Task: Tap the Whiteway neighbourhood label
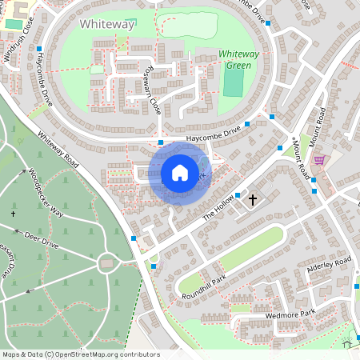[x=106, y=25]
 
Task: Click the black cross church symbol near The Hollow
[x=254, y=198]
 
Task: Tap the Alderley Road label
[x=330, y=267]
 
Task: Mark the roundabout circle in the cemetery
[x=106, y=262]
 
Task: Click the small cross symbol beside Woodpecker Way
[x=14, y=214]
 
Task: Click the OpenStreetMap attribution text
[x=80, y=354]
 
